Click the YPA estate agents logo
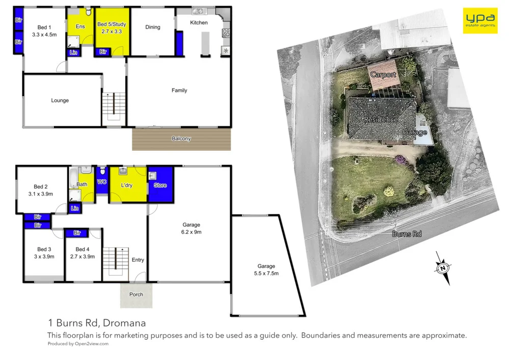coord(479,20)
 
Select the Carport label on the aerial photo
coord(383,75)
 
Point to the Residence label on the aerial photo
coord(380,120)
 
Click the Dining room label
coord(153,27)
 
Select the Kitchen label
coord(199,22)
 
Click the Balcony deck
coord(181,139)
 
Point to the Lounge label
coord(60,100)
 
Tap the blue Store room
coord(160,185)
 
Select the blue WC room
coord(101,182)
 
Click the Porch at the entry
coord(136,295)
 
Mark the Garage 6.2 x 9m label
coord(191,228)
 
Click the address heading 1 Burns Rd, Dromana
coord(97,323)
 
